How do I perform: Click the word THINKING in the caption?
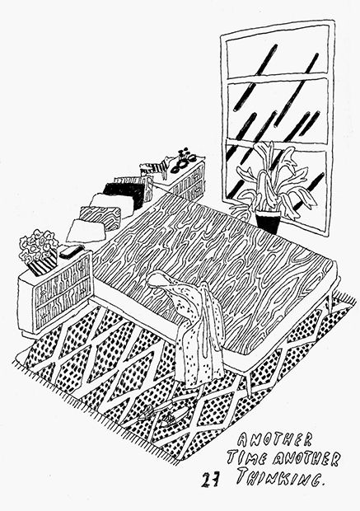tap(280, 477)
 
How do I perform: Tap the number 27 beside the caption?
tap(210, 481)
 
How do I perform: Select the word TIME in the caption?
tap(248, 458)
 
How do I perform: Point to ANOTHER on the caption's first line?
tap(274, 441)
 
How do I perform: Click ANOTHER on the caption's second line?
tap(306, 460)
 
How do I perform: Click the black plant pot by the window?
tap(268, 222)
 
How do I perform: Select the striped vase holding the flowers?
tap(43, 265)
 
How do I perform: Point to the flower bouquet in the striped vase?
tap(37, 245)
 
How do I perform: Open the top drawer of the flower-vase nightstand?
tap(63, 277)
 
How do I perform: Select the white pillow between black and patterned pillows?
tap(112, 204)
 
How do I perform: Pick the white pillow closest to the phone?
tap(86, 231)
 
